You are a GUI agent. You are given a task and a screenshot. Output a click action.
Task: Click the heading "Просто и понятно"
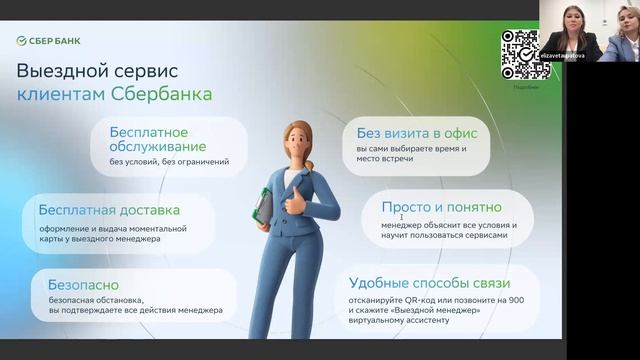point(440,207)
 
